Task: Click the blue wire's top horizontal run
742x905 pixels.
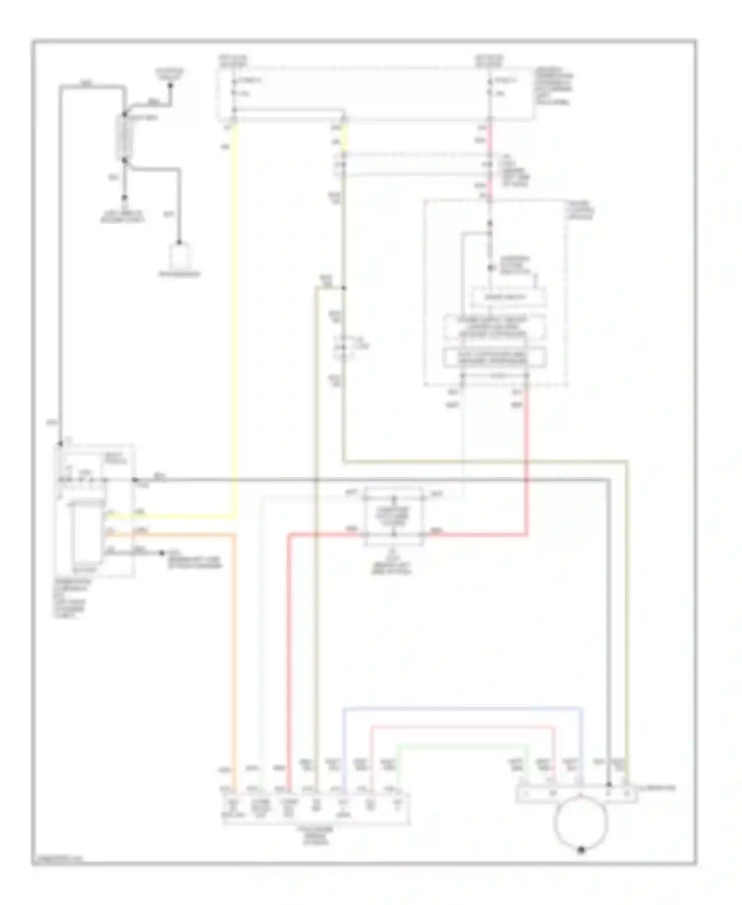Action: coord(463,709)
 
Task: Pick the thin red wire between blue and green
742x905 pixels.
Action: coord(463,727)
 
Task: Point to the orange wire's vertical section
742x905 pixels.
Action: coord(234,644)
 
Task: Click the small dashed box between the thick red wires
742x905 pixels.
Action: coord(394,516)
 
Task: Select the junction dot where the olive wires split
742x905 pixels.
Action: coord(343,288)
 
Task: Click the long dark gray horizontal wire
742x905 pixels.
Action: coord(371,479)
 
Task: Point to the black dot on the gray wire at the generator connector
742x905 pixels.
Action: coord(609,785)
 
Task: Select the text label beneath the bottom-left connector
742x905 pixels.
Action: coord(317,835)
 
